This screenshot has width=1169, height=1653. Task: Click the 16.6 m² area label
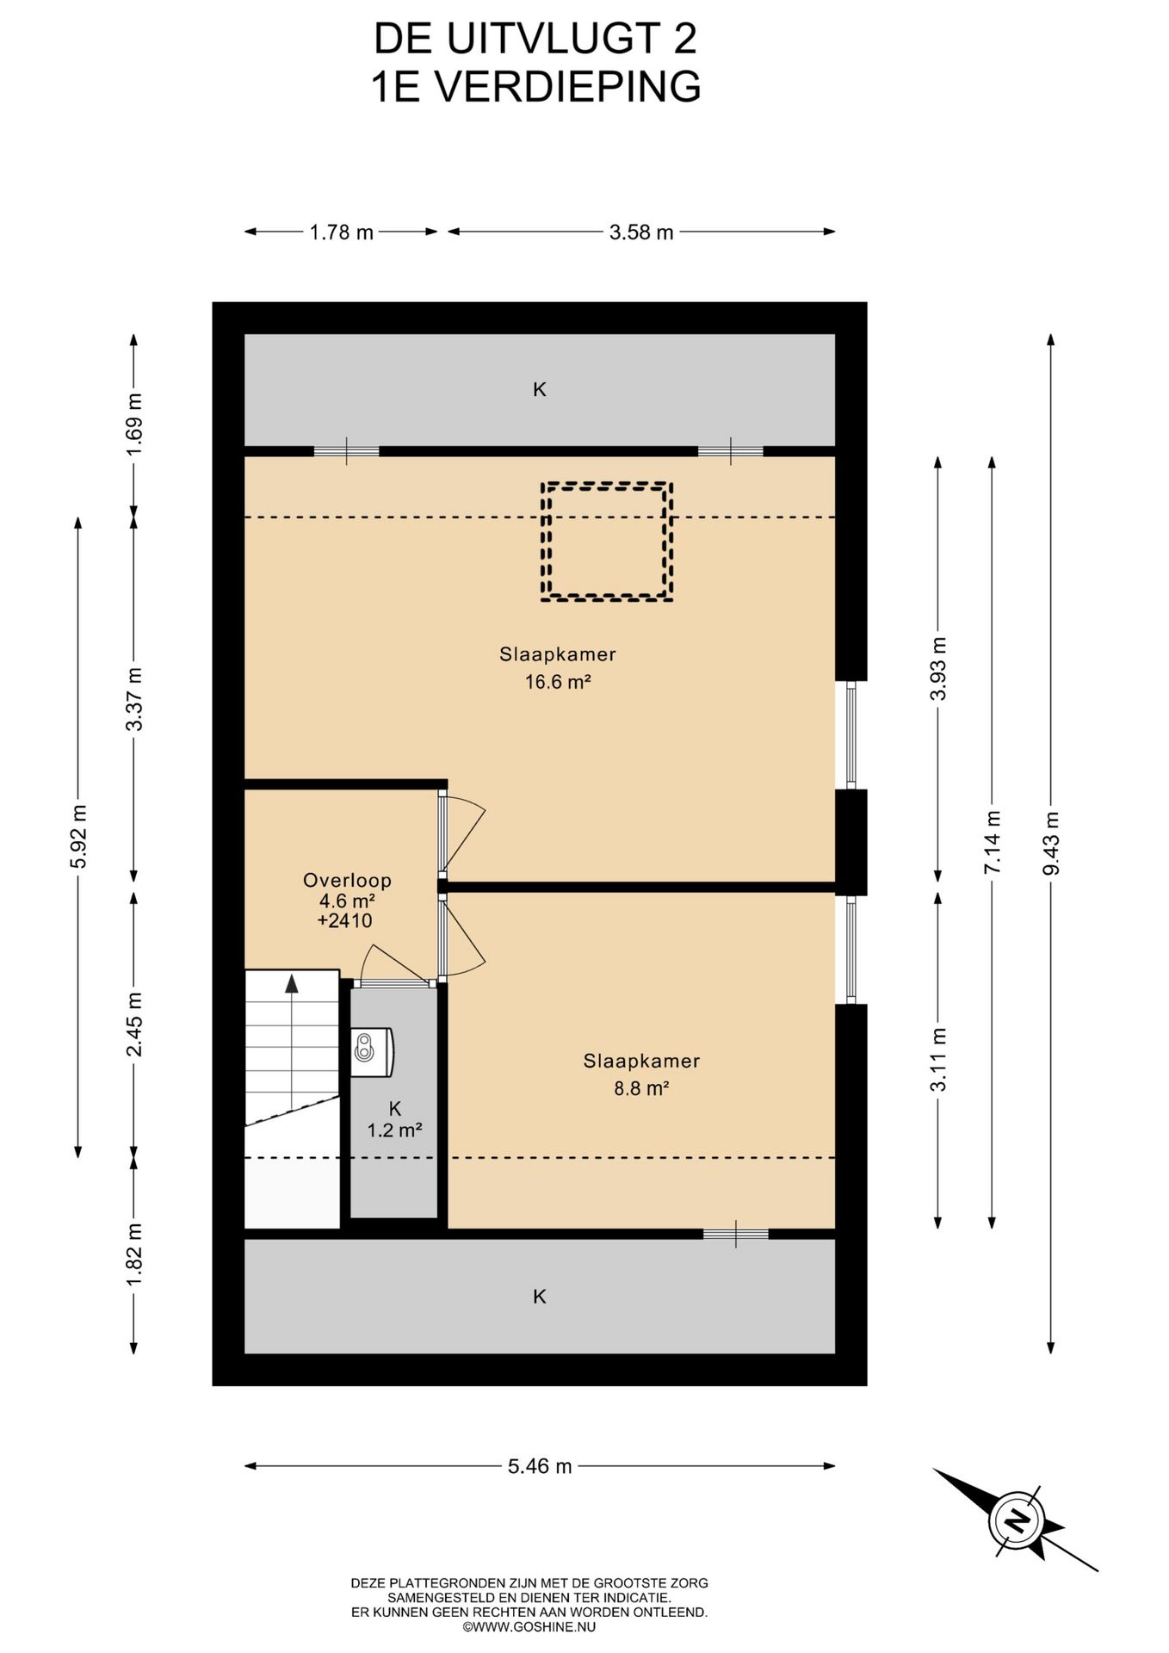point(558,682)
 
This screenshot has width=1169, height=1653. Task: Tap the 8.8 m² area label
point(641,1088)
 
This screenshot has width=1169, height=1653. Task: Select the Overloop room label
point(347,880)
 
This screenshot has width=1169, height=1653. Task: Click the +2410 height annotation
point(344,920)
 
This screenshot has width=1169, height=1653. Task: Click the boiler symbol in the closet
point(372,1050)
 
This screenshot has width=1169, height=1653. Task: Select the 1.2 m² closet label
point(394,1130)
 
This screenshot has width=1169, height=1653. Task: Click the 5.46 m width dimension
point(540,1466)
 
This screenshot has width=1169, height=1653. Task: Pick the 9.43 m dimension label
point(1050,844)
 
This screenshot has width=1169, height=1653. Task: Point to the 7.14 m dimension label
point(992,843)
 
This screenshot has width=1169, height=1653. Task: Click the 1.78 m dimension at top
point(342,232)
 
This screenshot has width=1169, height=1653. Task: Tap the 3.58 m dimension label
point(641,232)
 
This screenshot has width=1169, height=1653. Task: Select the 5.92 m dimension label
point(78,837)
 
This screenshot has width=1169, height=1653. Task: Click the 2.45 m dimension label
point(133,1024)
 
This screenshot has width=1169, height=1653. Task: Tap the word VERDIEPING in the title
point(567,86)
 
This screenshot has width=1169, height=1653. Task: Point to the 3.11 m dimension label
point(937,1059)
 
